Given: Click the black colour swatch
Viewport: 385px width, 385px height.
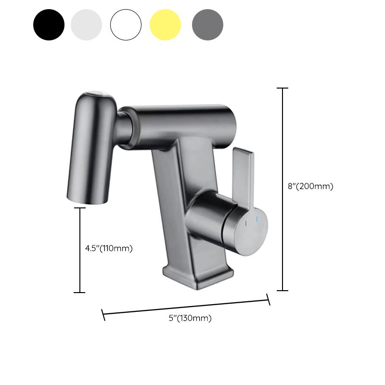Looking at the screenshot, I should pyautogui.click(x=49, y=25).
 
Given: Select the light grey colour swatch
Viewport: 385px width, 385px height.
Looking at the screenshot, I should pyautogui.click(x=86, y=25).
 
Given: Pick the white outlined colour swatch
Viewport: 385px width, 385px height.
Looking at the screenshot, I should pyautogui.click(x=126, y=25).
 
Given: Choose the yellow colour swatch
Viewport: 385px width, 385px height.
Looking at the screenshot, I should pyautogui.click(x=165, y=25).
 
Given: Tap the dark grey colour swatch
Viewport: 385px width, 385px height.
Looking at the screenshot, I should pyautogui.click(x=207, y=25).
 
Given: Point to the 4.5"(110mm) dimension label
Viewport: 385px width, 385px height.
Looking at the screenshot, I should pyautogui.click(x=109, y=248).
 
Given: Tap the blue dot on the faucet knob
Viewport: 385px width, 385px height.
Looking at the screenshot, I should pyautogui.click(x=257, y=220).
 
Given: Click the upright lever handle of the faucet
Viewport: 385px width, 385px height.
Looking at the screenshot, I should pyautogui.click(x=241, y=174).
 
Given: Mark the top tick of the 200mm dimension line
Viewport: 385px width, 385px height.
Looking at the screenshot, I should pyautogui.click(x=282, y=89).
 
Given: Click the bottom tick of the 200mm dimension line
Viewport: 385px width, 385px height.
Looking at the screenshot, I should pyautogui.click(x=282, y=290).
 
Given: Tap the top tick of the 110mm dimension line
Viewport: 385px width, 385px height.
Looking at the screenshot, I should pyautogui.click(x=79, y=208).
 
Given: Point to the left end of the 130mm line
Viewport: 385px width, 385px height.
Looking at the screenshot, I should pyautogui.click(x=103, y=315).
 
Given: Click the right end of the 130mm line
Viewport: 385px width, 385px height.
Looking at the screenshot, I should pyautogui.click(x=269, y=300).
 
